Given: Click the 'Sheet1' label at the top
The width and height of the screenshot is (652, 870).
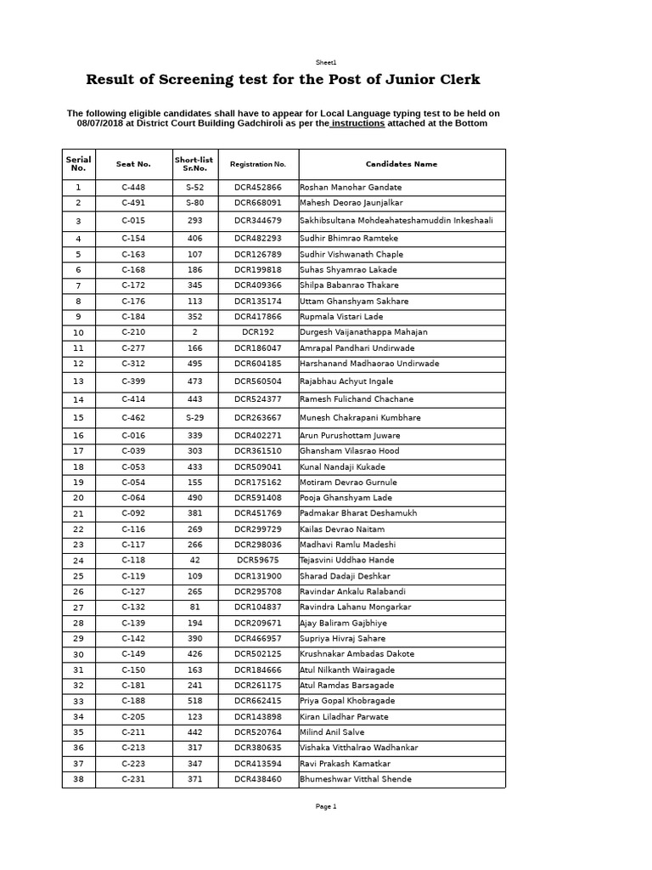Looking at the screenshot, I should [x=326, y=62].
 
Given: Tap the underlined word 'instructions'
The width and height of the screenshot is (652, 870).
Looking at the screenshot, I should [x=357, y=124].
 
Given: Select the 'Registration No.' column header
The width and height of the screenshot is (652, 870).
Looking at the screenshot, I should [x=258, y=164].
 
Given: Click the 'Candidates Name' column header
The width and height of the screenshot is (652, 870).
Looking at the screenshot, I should [x=402, y=164].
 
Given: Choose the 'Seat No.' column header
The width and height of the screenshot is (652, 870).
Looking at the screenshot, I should [x=133, y=164].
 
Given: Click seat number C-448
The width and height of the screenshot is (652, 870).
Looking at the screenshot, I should [x=133, y=188].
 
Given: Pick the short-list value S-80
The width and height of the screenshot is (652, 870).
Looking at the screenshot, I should [x=195, y=203].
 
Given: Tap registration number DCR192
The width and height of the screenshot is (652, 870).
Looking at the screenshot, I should [x=258, y=332].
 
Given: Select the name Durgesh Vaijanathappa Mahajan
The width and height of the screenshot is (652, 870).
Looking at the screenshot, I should [x=363, y=332].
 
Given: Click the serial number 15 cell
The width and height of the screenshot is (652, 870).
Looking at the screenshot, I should [x=78, y=418].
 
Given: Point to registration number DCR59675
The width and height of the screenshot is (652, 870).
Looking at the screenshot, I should [x=258, y=561].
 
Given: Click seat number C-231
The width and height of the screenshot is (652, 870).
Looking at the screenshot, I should [x=133, y=779].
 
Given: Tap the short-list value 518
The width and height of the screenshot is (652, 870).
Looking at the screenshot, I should [x=195, y=701].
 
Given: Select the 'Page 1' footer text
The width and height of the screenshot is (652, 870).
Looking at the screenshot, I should [x=326, y=807].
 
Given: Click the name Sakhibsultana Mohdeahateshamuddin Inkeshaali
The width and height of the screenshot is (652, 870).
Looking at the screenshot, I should [x=396, y=221].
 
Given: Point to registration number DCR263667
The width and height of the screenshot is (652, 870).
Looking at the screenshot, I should [x=258, y=418].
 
